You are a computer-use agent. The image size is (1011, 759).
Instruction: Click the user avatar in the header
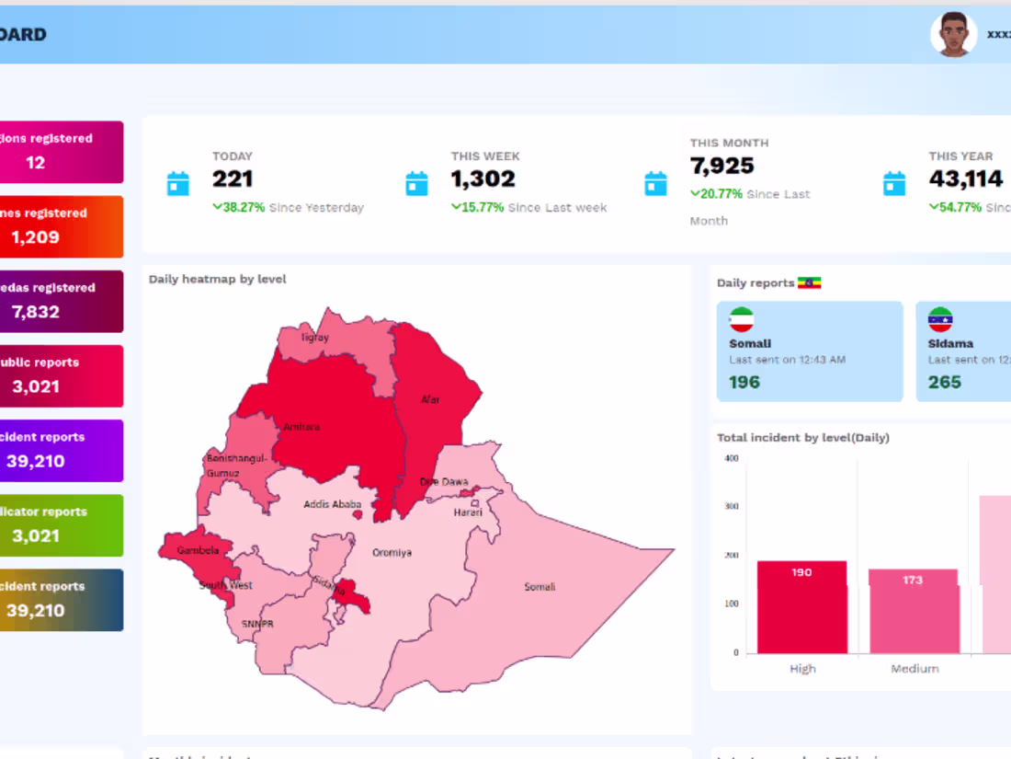(953, 35)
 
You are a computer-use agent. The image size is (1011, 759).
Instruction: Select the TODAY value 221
(233, 178)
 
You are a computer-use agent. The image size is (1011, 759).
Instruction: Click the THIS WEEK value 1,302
(483, 178)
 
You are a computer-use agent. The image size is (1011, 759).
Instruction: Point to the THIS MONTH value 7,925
(722, 166)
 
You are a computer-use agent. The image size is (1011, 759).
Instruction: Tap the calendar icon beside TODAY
(178, 183)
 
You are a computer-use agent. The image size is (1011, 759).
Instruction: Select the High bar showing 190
(801, 606)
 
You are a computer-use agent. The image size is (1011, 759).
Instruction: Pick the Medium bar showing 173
(913, 611)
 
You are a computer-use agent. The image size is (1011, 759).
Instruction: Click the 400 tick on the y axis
(731, 458)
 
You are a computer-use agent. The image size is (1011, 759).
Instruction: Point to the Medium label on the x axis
(914, 669)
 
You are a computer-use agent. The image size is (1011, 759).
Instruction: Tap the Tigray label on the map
(315, 338)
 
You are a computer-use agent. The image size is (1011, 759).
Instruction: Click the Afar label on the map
(430, 400)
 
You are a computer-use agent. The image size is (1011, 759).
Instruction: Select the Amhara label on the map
(302, 427)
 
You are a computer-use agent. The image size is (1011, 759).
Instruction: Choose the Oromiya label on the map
(392, 553)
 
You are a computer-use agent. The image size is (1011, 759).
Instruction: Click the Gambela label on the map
(199, 550)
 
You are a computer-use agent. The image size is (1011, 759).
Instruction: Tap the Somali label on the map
(540, 587)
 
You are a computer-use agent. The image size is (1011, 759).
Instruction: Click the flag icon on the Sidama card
(940, 319)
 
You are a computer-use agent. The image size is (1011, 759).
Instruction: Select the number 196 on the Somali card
(744, 382)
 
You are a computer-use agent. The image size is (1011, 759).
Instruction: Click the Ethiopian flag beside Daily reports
(809, 282)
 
